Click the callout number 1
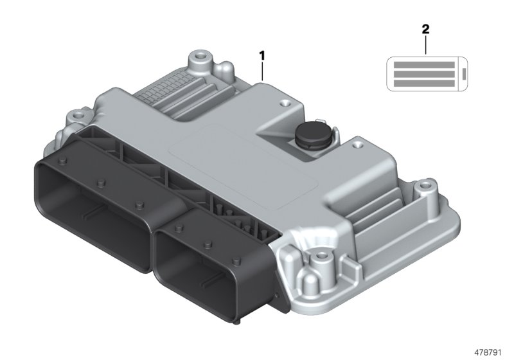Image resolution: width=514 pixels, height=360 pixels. click(x=262, y=55)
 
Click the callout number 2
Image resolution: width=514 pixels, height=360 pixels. click(x=425, y=29)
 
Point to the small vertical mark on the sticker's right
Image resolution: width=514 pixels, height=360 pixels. click(x=464, y=74)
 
